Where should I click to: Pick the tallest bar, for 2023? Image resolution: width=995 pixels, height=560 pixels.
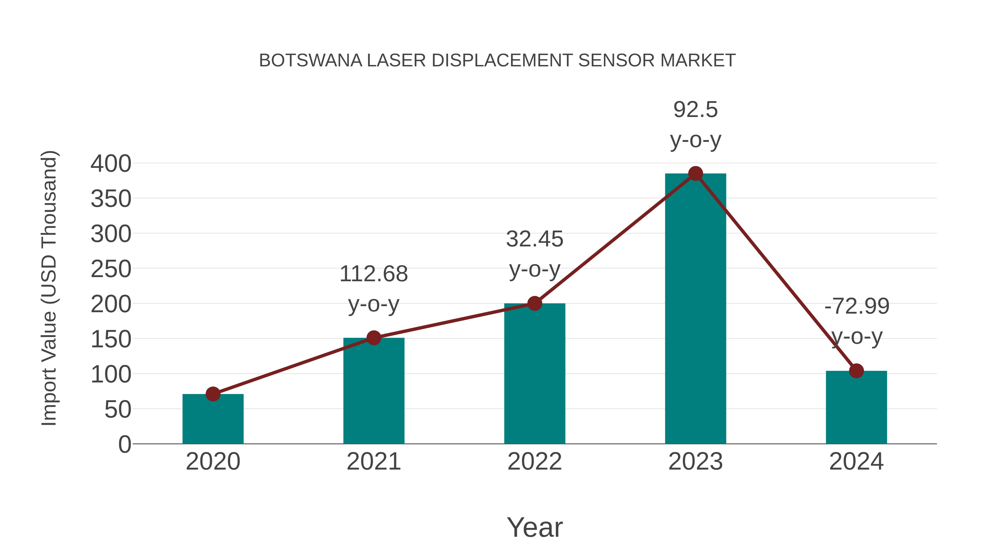[x=695, y=309]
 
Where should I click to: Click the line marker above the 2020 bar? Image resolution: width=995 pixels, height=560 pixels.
[x=213, y=394]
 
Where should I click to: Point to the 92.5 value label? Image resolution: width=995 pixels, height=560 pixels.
[x=695, y=110]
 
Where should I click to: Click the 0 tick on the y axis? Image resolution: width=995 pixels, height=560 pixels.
[x=124, y=444]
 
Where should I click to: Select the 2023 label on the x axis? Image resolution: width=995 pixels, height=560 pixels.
[x=695, y=462]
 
